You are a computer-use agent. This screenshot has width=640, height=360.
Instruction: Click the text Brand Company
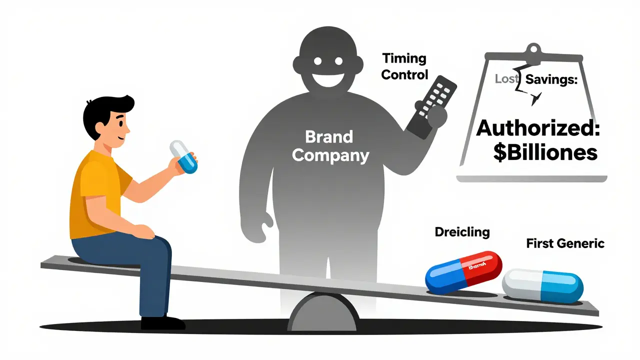pyautogui.click(x=330, y=146)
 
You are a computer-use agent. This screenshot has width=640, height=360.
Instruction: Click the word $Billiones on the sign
pyautogui.click(x=544, y=151)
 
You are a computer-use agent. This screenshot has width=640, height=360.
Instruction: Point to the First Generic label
pyautogui.click(x=565, y=243)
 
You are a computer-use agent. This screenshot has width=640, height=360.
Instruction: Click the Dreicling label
pyautogui.click(x=462, y=232)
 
